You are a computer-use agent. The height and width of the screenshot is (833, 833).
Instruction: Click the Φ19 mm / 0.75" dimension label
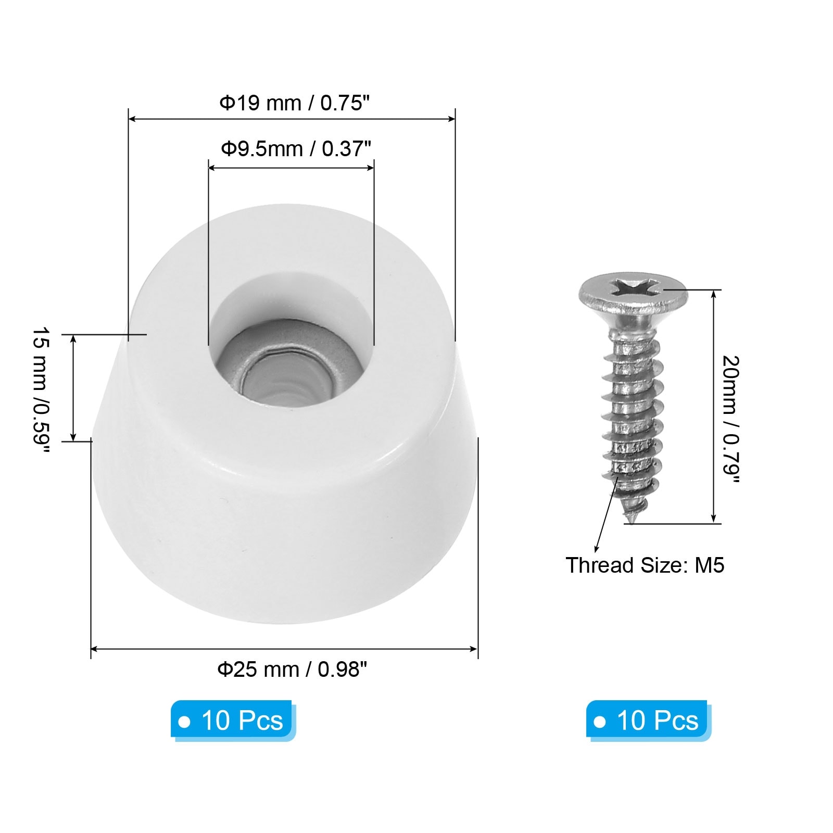tap(294, 103)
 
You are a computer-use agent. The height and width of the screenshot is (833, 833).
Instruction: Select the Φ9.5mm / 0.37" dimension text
tap(296, 149)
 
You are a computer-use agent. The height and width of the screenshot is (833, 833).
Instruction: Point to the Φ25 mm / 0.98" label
tap(292, 669)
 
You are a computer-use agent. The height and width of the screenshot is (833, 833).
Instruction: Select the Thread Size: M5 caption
tap(645, 565)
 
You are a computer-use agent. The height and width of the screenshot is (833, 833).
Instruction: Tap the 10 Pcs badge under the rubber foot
tap(233, 721)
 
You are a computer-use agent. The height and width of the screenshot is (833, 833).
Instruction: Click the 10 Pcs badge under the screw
tap(648, 721)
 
